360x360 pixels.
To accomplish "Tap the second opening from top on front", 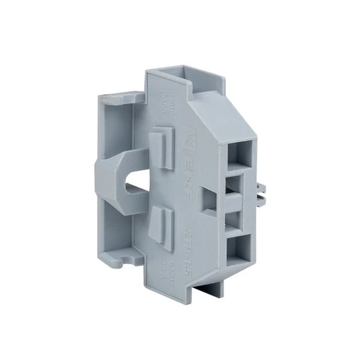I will pyautogui.click(x=238, y=182).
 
